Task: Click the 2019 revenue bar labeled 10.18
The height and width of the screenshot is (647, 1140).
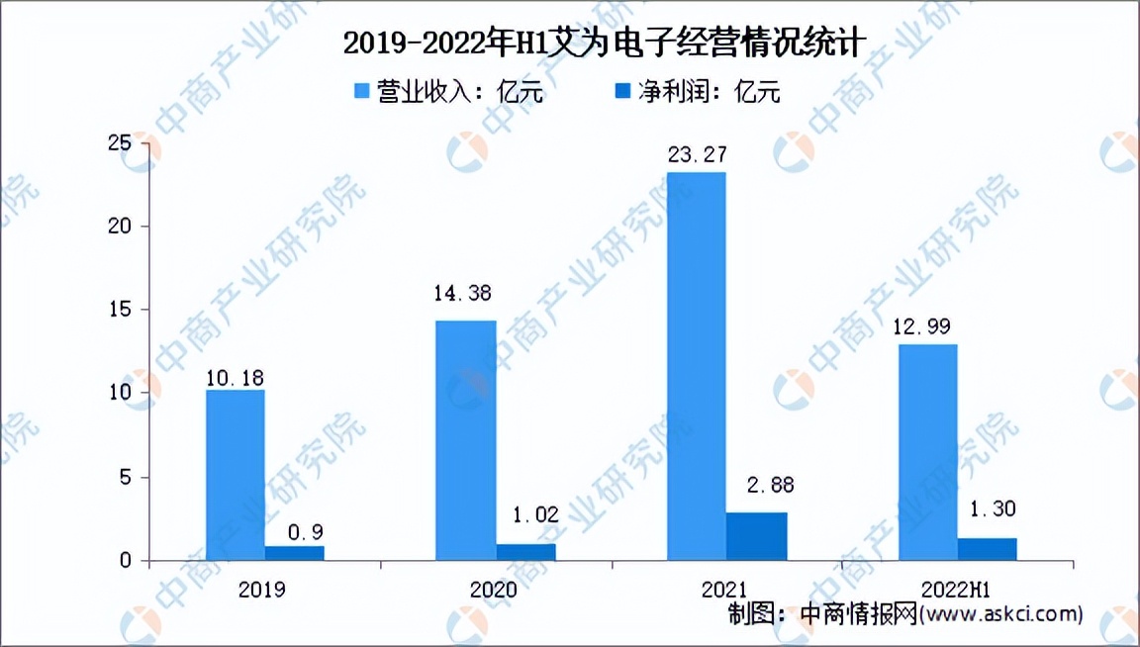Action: click(235, 475)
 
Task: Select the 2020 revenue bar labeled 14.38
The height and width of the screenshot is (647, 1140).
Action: click(466, 440)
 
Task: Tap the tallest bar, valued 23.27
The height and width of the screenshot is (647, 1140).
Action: click(696, 366)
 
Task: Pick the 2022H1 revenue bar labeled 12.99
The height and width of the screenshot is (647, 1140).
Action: click(927, 452)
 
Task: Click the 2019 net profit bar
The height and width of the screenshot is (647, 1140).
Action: click(294, 553)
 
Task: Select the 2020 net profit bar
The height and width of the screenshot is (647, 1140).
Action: click(525, 552)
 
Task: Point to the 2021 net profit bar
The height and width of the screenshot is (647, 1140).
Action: click(757, 536)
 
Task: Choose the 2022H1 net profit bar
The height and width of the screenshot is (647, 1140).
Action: click(987, 549)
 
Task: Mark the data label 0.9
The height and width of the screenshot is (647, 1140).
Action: click(295, 518)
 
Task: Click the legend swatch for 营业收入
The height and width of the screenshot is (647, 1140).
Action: click(363, 92)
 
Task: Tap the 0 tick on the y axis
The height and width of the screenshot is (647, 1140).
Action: click(126, 561)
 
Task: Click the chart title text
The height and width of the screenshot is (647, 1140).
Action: click(604, 43)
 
